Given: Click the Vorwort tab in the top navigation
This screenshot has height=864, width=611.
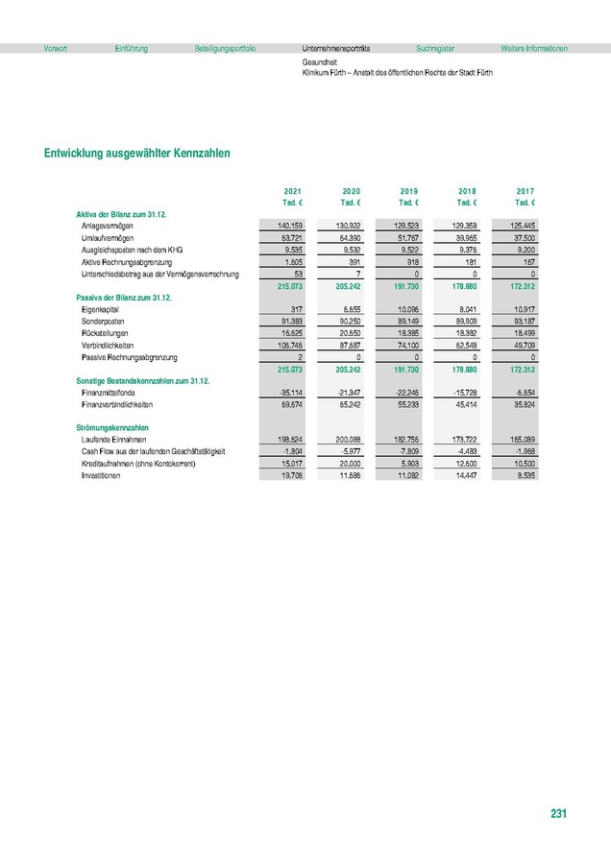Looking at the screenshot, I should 55,48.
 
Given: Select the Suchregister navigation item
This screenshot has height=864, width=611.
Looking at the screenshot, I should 434,48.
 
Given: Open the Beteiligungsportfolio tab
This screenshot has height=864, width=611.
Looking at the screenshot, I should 224,48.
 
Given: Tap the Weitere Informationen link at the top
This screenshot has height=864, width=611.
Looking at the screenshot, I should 533,48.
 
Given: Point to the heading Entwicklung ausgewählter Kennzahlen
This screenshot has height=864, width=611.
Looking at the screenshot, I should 135,153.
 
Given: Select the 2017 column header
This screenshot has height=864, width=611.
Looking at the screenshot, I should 525,192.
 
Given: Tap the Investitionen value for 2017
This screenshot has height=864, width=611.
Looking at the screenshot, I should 525,475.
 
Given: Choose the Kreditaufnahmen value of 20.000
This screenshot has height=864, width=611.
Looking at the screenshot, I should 348,464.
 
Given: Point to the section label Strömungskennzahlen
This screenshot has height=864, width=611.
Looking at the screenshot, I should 112,426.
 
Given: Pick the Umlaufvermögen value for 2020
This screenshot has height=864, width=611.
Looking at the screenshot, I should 348,236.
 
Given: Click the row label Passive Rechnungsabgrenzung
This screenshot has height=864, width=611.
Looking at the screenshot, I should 130,357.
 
